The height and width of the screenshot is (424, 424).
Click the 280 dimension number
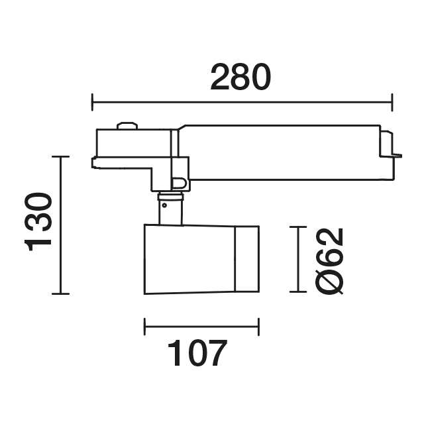coord(240,77)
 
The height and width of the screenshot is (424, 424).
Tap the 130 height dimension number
coord(38,222)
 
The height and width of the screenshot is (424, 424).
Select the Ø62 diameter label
coord(329,261)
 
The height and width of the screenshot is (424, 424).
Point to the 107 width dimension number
coord(197,352)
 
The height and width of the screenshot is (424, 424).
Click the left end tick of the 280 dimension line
coord(92,102)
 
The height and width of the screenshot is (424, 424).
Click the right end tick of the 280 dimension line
coord(392,102)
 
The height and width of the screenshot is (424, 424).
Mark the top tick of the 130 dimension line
coord(60,156)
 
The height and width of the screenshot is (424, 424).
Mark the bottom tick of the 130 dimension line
coord(60,293)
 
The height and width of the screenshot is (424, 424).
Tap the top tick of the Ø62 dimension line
coord(298,227)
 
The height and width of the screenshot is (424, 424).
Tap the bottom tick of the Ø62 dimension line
coord(298,291)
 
